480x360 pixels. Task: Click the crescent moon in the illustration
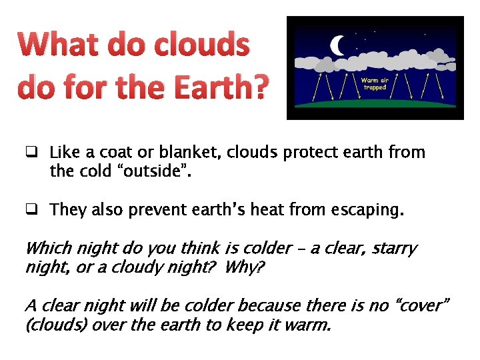339,45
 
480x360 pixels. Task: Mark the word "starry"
395,249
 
